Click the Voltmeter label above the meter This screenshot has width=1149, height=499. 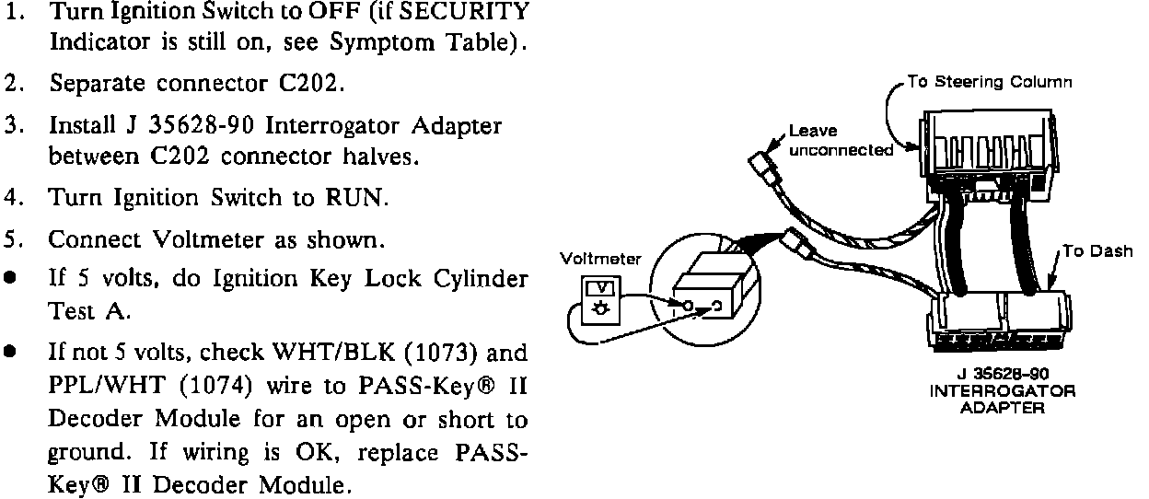click(599, 260)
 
